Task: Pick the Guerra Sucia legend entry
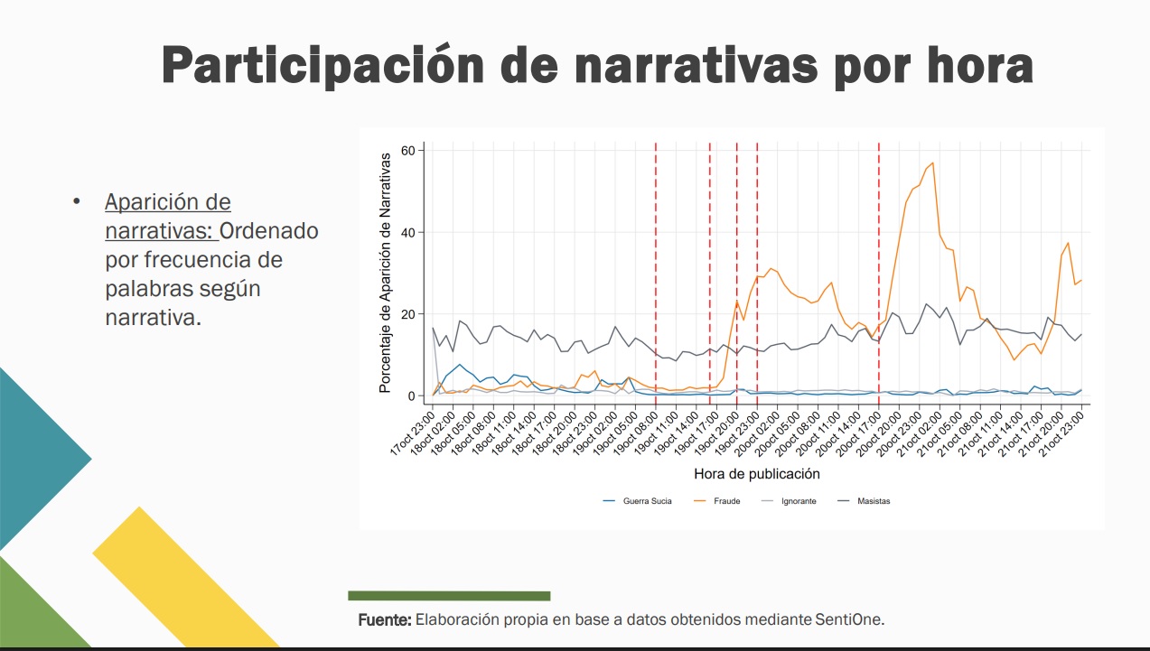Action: coord(647,501)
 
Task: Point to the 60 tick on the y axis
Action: coord(408,150)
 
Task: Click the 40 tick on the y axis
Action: coord(408,232)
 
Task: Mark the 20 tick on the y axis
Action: coord(408,314)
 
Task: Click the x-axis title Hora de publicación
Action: coord(757,473)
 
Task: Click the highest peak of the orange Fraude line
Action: coord(932,163)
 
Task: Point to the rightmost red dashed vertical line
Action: coord(879,271)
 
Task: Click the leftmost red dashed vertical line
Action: coord(656,271)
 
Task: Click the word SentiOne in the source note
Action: coord(849,620)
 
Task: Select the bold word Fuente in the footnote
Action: coord(386,620)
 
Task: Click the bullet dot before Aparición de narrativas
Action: coord(78,201)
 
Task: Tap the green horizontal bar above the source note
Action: coord(449,596)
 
